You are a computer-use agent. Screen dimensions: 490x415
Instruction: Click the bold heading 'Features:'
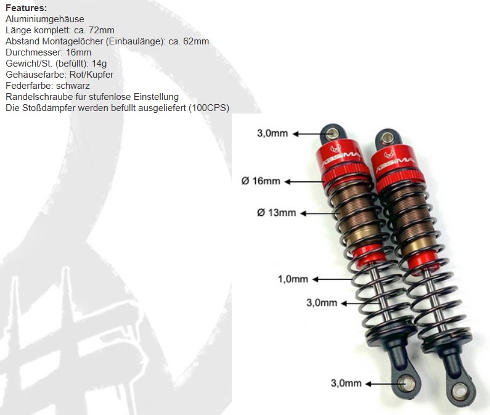27,8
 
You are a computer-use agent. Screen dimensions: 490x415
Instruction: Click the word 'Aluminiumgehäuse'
45,19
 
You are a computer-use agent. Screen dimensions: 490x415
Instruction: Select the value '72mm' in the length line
102,30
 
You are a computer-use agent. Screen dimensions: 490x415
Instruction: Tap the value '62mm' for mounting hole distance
196,41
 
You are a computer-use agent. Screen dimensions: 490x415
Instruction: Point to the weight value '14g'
99,64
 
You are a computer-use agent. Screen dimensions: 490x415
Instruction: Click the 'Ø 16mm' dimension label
261,181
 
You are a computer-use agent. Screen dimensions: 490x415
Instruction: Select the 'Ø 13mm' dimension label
276,213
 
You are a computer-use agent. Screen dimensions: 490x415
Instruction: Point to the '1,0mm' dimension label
293,279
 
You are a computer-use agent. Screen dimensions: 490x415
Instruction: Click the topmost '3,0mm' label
272,133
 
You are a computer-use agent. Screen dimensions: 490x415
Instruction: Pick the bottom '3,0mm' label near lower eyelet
346,383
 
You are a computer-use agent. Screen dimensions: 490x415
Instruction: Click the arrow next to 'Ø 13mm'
321,213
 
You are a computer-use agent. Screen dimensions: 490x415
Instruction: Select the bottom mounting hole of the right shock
459,392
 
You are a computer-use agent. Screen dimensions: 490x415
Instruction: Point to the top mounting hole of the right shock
388,138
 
